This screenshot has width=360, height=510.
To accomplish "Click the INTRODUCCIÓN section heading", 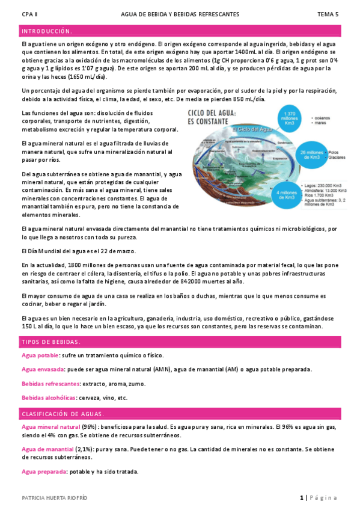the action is point(46,31).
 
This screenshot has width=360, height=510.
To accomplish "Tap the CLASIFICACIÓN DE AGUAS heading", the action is point(63,414).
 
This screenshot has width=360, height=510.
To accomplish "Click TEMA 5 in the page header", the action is point(328,13).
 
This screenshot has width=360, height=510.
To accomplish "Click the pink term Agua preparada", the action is point(43,472).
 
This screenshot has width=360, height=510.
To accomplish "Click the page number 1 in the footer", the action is point(301,498).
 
